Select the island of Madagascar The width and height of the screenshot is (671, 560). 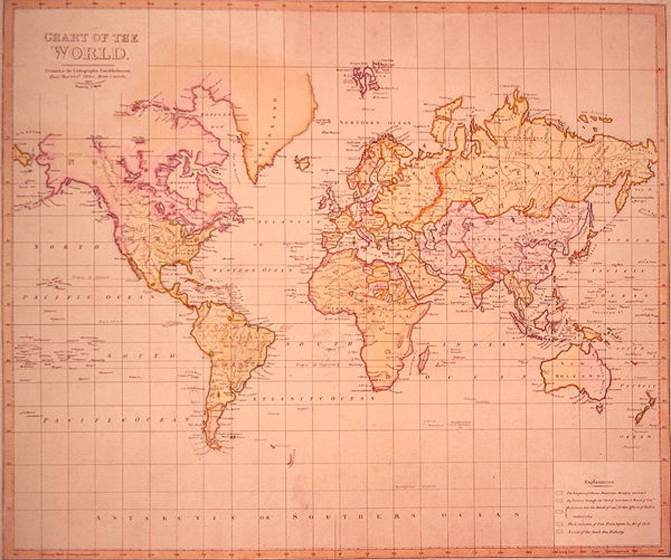[423, 359]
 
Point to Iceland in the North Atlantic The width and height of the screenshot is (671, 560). [302, 162]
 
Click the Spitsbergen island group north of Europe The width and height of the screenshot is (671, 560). [366, 79]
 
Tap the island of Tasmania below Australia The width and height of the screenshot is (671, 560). [599, 409]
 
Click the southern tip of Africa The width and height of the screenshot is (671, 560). [375, 389]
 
